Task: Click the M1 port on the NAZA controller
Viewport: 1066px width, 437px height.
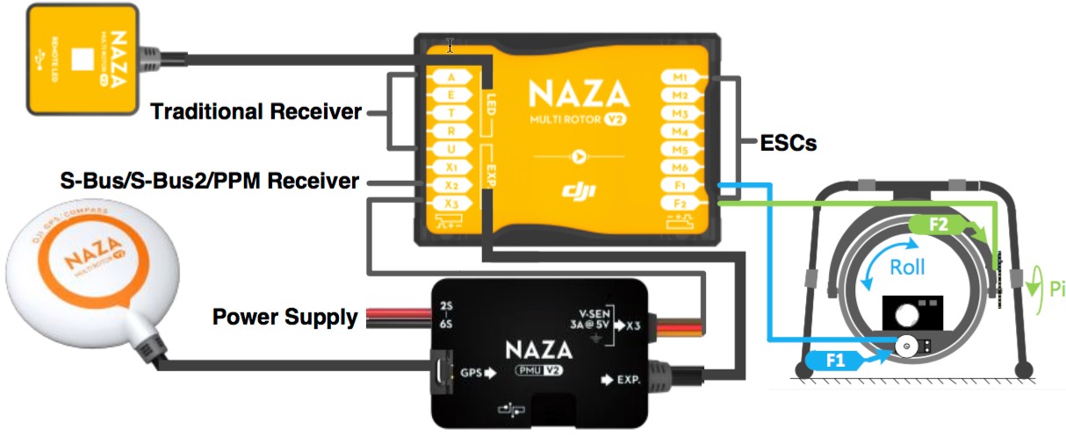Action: pos(680,77)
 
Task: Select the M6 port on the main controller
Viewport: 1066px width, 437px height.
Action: pos(680,168)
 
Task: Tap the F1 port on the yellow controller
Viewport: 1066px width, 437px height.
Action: pos(680,186)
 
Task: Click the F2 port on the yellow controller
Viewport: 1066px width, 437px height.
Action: pos(680,204)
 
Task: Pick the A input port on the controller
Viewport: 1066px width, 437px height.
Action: pos(450,76)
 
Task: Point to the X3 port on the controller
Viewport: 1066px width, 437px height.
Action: pos(450,205)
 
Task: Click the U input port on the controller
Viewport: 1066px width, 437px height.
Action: pos(450,150)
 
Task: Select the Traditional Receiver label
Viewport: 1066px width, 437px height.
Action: pos(256,112)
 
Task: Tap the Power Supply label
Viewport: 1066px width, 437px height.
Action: pos(285,316)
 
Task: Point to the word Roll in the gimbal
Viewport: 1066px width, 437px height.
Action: pos(908,269)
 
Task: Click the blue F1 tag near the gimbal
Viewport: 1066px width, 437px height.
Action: pos(834,359)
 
